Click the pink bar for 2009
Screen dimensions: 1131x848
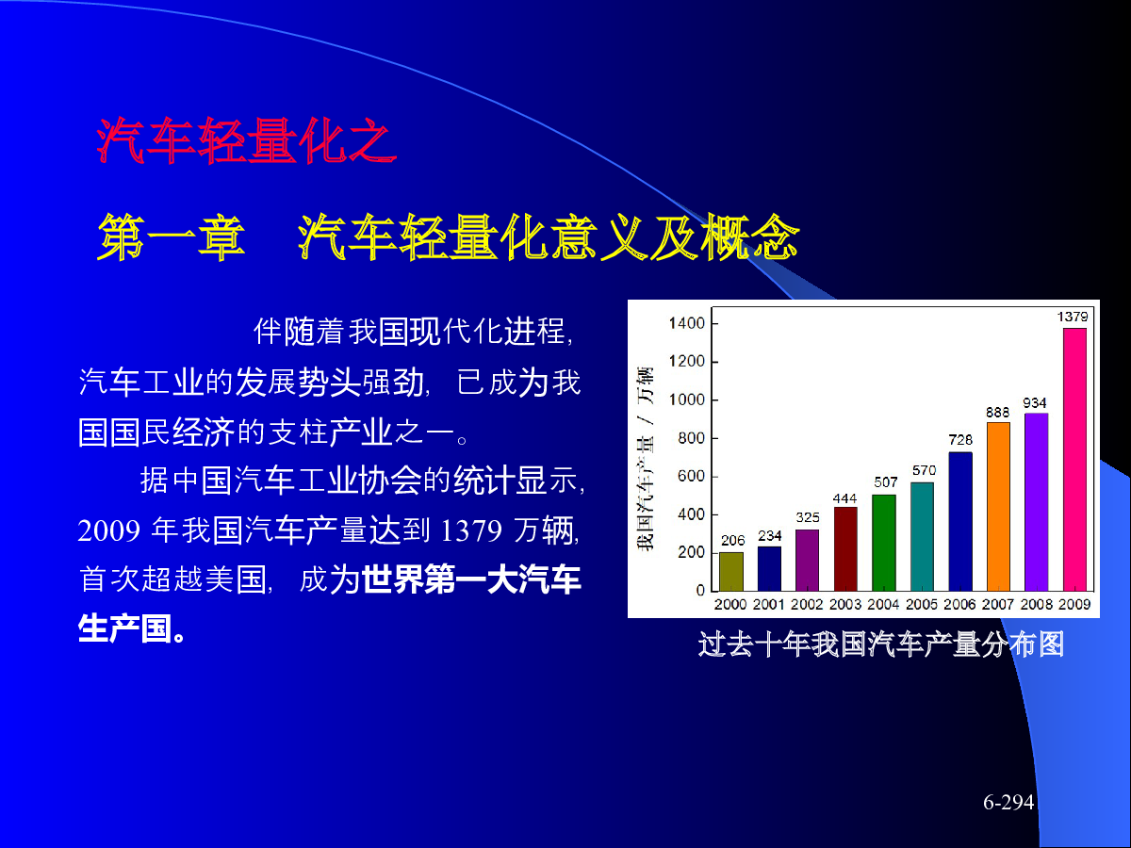click(1074, 459)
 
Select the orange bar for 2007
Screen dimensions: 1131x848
click(998, 507)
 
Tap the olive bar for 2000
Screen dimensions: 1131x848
click(731, 572)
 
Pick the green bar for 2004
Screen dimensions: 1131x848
click(884, 543)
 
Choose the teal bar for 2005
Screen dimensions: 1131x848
click(922, 536)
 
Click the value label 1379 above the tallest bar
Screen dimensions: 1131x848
click(1073, 317)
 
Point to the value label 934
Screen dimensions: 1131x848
click(1035, 402)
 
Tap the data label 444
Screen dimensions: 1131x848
click(845, 498)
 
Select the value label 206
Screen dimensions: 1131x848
click(732, 540)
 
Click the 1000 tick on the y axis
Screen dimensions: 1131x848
click(686, 400)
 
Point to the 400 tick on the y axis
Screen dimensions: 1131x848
click(691, 514)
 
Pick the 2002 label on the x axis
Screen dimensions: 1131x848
click(807, 604)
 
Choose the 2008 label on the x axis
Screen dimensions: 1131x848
click(1037, 604)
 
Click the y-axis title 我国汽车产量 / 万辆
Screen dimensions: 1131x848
click(645, 458)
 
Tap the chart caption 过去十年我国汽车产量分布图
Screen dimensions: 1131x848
click(881, 644)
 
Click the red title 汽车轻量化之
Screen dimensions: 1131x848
click(247, 140)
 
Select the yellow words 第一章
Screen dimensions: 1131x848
click(172, 236)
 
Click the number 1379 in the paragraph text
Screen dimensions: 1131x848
click(471, 530)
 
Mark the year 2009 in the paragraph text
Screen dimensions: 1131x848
click(108, 530)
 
